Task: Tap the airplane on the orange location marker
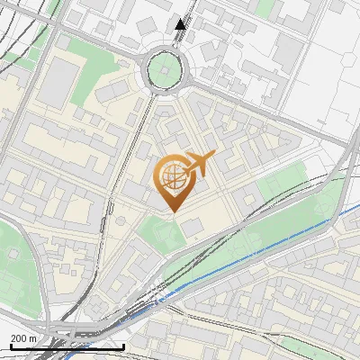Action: (200, 164)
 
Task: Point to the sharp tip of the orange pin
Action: (172, 212)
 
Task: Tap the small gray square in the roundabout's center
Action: (165, 69)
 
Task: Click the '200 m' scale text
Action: (24, 338)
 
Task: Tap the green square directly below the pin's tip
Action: (164, 234)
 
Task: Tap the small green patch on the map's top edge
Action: (266, 7)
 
